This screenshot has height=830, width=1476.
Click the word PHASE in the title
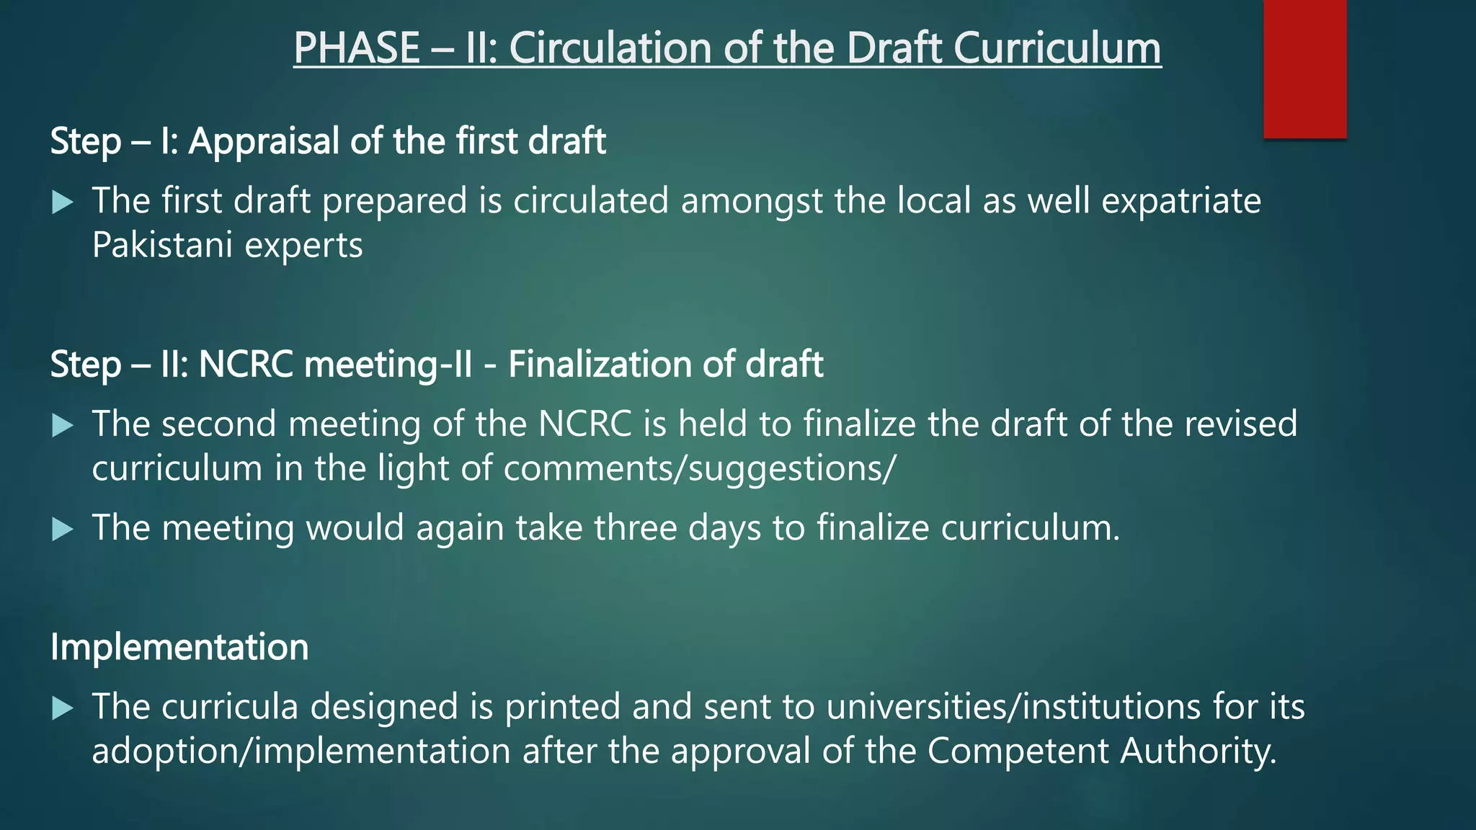(x=357, y=48)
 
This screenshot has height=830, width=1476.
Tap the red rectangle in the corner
(x=1304, y=68)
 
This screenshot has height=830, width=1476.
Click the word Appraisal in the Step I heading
(x=263, y=141)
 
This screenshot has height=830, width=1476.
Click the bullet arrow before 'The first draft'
(x=63, y=202)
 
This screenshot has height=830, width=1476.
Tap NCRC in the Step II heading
(x=245, y=365)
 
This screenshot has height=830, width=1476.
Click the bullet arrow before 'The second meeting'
(x=63, y=426)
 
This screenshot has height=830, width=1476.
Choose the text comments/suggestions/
(x=699, y=469)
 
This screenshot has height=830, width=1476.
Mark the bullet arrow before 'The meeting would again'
(x=63, y=530)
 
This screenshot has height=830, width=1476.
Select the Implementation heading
(x=179, y=647)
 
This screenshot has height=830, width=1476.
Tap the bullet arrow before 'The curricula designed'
(x=63, y=709)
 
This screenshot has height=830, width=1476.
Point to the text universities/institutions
(x=1013, y=707)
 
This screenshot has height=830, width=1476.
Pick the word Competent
(x=1017, y=751)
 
